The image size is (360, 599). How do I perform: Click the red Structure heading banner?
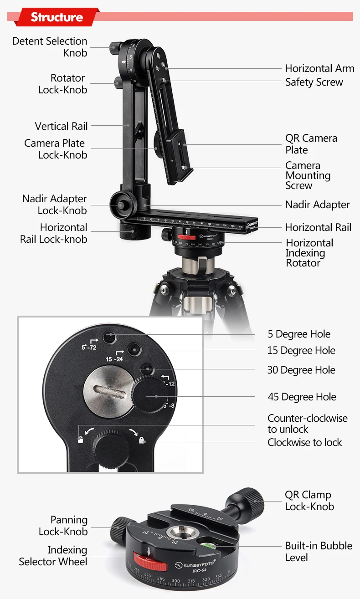pos(57,17)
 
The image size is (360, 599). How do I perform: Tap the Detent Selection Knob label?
pos(50,47)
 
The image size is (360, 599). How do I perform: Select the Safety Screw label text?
pos(314,82)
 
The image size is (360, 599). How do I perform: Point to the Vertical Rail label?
pos(61,126)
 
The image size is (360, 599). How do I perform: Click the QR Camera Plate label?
pos(311,144)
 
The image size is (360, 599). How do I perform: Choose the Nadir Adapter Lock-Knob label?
pos(54,205)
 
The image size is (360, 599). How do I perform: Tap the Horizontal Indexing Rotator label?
pos(309,253)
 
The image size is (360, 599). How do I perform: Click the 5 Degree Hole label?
pos(299,334)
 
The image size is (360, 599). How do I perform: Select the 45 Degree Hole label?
pos(302,397)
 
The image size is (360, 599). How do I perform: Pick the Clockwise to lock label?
pos(304,442)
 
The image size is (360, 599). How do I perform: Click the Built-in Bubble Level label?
pos(319,551)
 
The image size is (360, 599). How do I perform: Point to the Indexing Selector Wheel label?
pos(53,556)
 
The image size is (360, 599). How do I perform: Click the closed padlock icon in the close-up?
pos(142,440)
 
